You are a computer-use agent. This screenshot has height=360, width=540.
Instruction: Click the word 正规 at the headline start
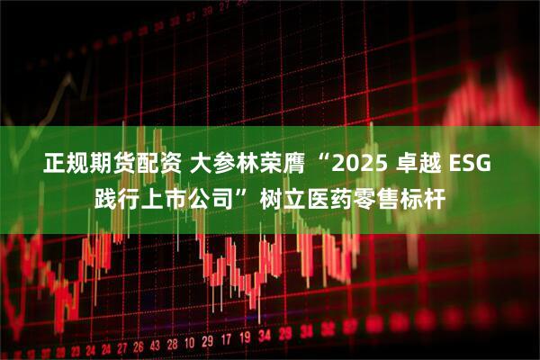click(63, 166)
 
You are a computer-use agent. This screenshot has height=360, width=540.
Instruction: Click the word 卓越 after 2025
click(422, 166)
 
